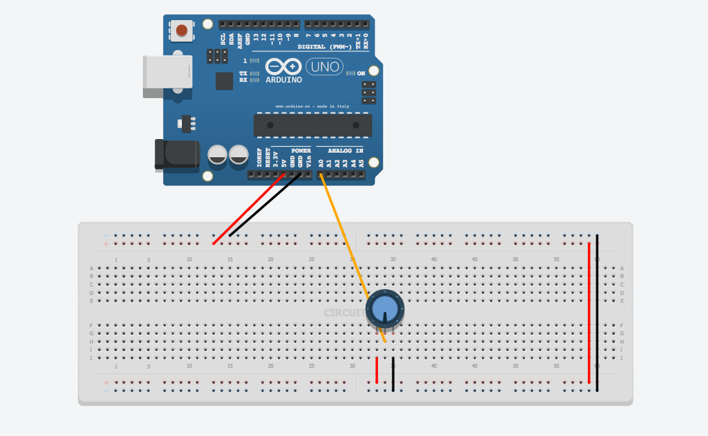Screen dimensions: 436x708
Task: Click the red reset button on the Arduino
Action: [x=182, y=30]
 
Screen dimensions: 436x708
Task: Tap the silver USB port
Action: [x=167, y=75]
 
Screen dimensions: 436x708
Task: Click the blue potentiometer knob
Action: [x=384, y=308]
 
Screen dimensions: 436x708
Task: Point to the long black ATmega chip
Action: [x=313, y=125]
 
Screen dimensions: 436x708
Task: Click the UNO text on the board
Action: [x=324, y=67]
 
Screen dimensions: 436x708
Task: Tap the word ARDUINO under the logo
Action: [x=283, y=80]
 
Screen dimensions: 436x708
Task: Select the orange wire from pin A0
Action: [x=342, y=235]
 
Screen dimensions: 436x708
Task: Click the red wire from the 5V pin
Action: [x=249, y=209]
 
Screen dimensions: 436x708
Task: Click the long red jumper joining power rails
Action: [x=589, y=311]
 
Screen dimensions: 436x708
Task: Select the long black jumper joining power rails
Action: [x=597, y=311]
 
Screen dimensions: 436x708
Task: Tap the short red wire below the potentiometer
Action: [x=377, y=370]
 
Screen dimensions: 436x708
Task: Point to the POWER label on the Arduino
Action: [x=301, y=150]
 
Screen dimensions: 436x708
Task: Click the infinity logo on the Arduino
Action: [x=283, y=66]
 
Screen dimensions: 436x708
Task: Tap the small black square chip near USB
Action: [x=224, y=81]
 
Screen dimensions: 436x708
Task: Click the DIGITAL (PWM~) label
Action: [x=324, y=47]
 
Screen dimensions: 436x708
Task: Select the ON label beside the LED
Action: [x=361, y=73]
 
